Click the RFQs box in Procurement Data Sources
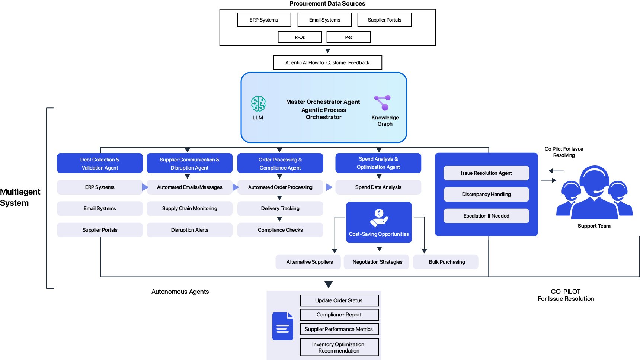[300, 37]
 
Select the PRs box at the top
[349, 37]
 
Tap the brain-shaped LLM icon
[258, 104]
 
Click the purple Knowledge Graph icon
[383, 103]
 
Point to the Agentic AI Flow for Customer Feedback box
[327, 62]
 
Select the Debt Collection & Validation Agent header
[100, 163]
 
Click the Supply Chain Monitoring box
[189, 209]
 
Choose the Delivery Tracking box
[280, 209]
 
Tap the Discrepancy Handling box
[486, 195]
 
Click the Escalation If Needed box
[486, 216]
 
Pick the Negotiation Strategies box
[377, 262]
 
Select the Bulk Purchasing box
[447, 262]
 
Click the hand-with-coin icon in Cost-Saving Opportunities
[379, 218]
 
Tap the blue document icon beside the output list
[283, 326]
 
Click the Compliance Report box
[339, 315]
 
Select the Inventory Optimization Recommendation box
[339, 347]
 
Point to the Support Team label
[594, 226]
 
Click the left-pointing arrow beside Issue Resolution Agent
[556, 171]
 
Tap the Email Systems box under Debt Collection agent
[100, 209]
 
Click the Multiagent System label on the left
[20, 197]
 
